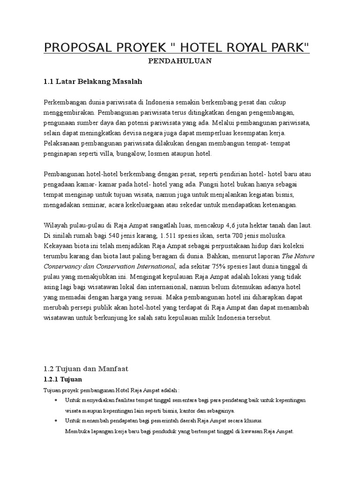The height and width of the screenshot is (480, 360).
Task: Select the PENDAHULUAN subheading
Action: click(180, 61)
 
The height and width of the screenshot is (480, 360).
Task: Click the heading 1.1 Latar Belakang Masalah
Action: click(92, 82)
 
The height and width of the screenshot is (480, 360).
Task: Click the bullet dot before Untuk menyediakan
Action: click(56, 400)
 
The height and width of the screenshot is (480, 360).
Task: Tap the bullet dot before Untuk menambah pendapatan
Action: click(56, 420)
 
